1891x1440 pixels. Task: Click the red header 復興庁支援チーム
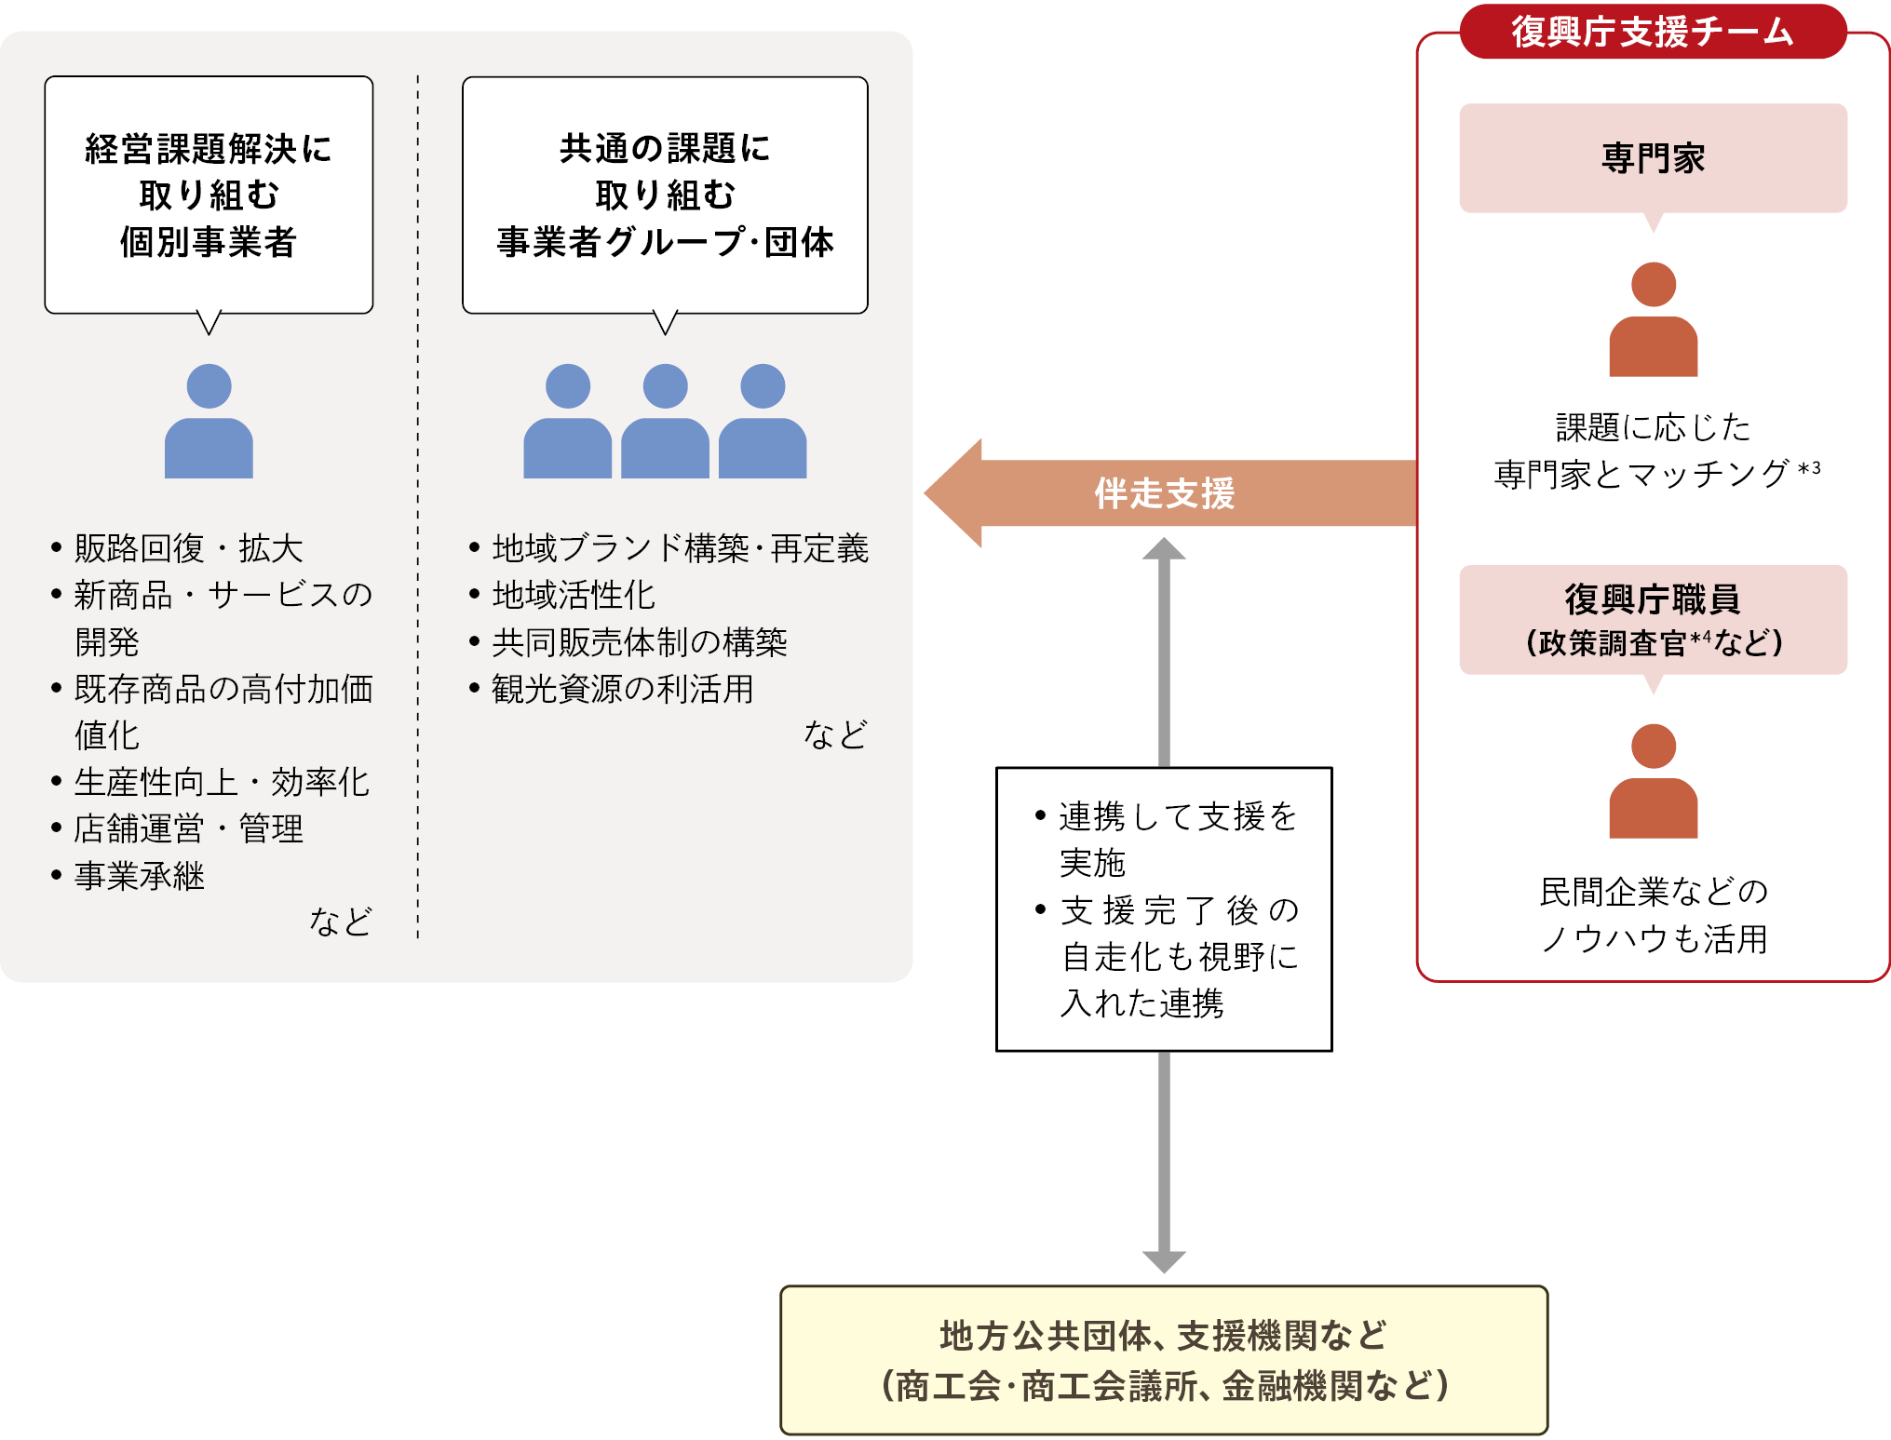point(1652,32)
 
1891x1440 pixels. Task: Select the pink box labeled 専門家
point(1653,158)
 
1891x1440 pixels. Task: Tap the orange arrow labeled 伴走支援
point(1164,493)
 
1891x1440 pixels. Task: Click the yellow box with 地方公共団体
point(1164,1360)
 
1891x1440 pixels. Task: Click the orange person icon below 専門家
point(1653,320)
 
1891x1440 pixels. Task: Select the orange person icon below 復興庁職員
point(1653,782)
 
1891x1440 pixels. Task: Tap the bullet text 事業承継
point(140,876)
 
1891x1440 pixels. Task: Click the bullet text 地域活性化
point(574,595)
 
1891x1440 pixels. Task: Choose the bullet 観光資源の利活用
point(622,689)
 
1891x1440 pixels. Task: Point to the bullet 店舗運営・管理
point(189,828)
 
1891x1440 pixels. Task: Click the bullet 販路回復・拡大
point(189,548)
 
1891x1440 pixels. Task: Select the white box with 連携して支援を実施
point(1164,908)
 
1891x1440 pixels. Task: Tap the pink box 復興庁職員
point(1653,620)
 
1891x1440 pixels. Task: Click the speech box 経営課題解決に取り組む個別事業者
point(209,195)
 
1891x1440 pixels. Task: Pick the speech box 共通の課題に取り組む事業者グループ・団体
point(665,195)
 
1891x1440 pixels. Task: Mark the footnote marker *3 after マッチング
point(1809,468)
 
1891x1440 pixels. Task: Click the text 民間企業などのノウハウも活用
point(1654,915)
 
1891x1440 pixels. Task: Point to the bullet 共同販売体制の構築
point(639,642)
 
